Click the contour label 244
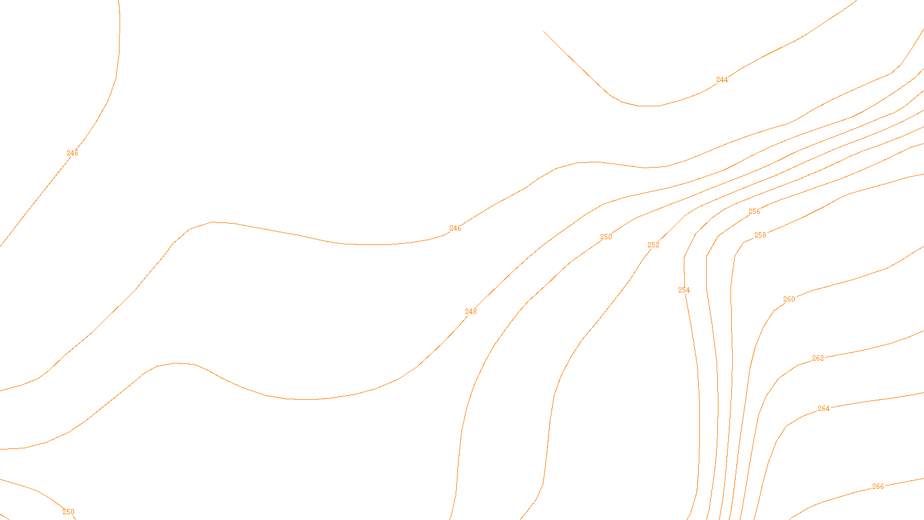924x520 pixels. [722, 80]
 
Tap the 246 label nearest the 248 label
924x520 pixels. [455, 229]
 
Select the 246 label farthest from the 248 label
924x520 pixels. [72, 153]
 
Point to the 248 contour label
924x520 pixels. [471, 311]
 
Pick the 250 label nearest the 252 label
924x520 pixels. [606, 237]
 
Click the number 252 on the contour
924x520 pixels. [653, 245]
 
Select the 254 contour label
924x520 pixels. [684, 290]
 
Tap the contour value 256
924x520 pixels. [754, 211]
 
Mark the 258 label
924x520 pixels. [760, 235]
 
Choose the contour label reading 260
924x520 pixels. [789, 299]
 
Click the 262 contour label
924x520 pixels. [818, 358]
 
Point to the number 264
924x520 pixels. [824, 408]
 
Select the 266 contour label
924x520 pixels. [878, 486]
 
